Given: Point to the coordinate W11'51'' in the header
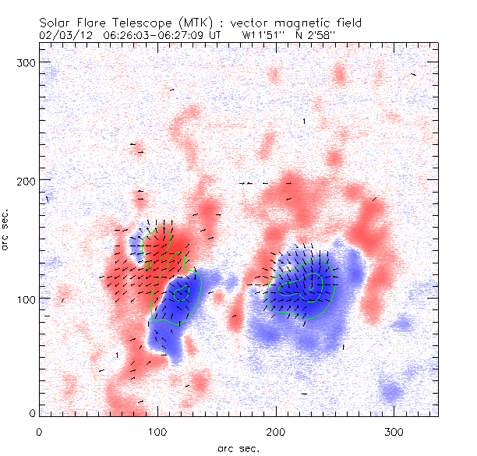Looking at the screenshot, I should click(x=262, y=35).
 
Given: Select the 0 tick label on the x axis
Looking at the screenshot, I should click(x=39, y=431).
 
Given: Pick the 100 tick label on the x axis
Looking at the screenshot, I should click(x=157, y=431).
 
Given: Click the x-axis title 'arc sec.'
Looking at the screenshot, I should click(x=238, y=448).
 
